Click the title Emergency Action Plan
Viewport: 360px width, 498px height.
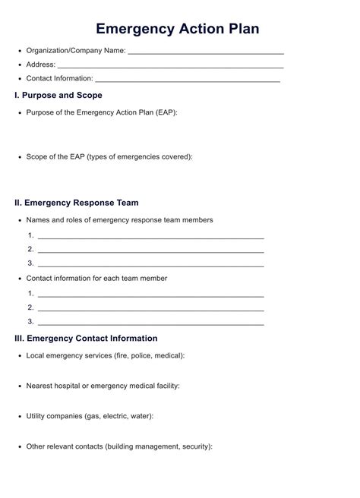178,28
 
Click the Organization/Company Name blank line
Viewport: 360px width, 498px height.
206,54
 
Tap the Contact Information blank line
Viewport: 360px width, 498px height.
188,80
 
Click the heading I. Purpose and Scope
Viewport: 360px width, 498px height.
58,96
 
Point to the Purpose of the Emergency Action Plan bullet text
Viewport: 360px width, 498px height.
102,112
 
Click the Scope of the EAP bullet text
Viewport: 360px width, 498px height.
109,156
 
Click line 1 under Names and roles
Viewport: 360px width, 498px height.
150,238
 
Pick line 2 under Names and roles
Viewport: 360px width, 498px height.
150,251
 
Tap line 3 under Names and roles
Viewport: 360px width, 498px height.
150,265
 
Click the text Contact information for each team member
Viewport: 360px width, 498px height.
96,278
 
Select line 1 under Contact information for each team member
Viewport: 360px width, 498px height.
150,295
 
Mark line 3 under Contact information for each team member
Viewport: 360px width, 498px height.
150,323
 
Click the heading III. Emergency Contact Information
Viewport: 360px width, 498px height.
87,338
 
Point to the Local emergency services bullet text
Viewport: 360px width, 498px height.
106,355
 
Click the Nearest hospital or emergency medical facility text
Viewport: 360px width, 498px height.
103,386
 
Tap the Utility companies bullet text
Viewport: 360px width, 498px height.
90,416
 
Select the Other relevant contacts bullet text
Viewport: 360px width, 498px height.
119,446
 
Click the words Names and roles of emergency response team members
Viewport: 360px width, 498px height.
119,220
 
